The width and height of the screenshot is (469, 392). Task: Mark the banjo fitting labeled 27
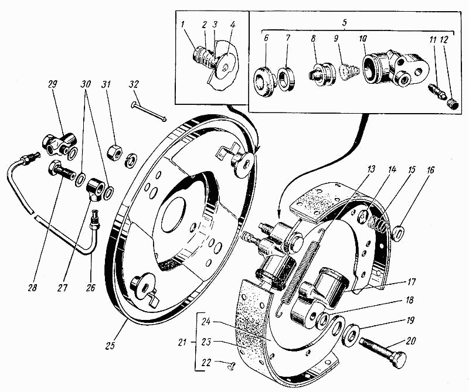96,189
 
